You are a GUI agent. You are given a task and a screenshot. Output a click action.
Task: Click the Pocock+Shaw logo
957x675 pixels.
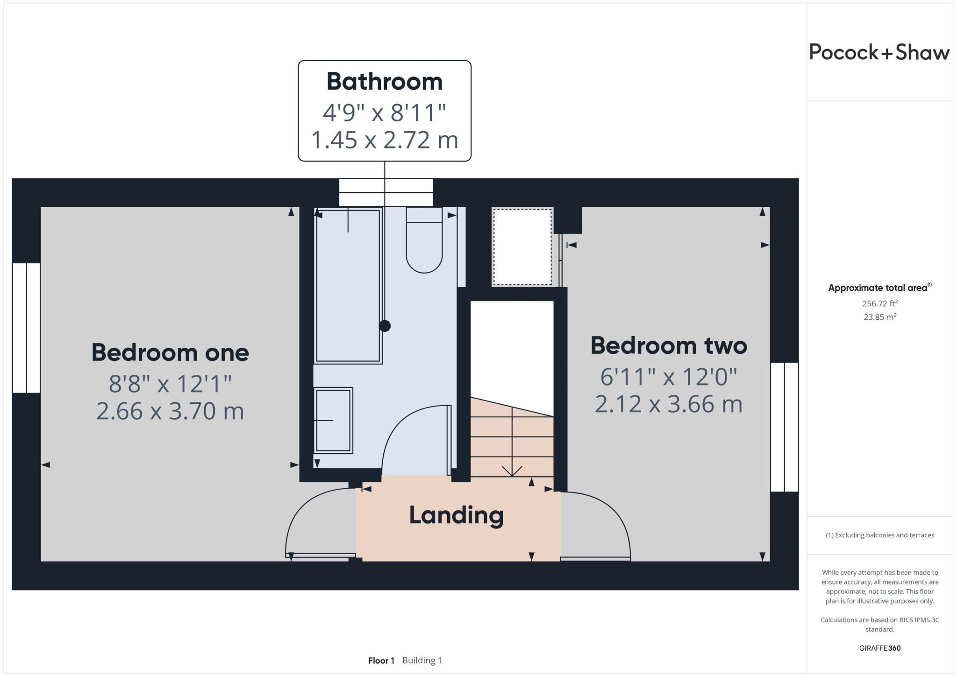(879, 52)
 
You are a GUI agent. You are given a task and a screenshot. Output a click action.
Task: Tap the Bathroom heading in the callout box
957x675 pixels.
(384, 82)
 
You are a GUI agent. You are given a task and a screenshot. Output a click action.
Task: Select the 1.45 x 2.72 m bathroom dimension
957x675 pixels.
(384, 140)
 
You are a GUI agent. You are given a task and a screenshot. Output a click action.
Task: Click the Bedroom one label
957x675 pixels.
(170, 352)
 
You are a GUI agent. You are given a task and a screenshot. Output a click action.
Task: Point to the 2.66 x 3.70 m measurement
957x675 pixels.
(170, 411)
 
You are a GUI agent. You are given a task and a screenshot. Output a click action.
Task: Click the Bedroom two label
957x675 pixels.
(669, 346)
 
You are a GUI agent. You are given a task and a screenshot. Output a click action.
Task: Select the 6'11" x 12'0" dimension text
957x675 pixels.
(669, 377)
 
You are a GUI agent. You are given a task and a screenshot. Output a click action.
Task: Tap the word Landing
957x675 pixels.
(456, 515)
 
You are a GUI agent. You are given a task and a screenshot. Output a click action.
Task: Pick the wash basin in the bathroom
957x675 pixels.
(333, 420)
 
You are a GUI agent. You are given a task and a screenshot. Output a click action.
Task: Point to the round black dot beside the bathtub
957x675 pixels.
(385, 326)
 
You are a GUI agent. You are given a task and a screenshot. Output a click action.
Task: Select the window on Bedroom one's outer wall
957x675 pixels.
(26, 328)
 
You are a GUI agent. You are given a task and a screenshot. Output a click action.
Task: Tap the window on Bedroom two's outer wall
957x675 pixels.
(784, 427)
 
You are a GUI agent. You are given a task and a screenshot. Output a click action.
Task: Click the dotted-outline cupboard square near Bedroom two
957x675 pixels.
(522, 246)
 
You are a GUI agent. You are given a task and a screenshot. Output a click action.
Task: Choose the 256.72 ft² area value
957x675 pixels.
(879, 303)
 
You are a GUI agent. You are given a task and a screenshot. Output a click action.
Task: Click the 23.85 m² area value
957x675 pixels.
(879, 317)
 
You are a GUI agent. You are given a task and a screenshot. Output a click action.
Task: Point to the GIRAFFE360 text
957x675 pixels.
(879, 648)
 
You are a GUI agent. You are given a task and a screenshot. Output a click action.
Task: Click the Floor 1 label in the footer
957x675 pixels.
(381, 661)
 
